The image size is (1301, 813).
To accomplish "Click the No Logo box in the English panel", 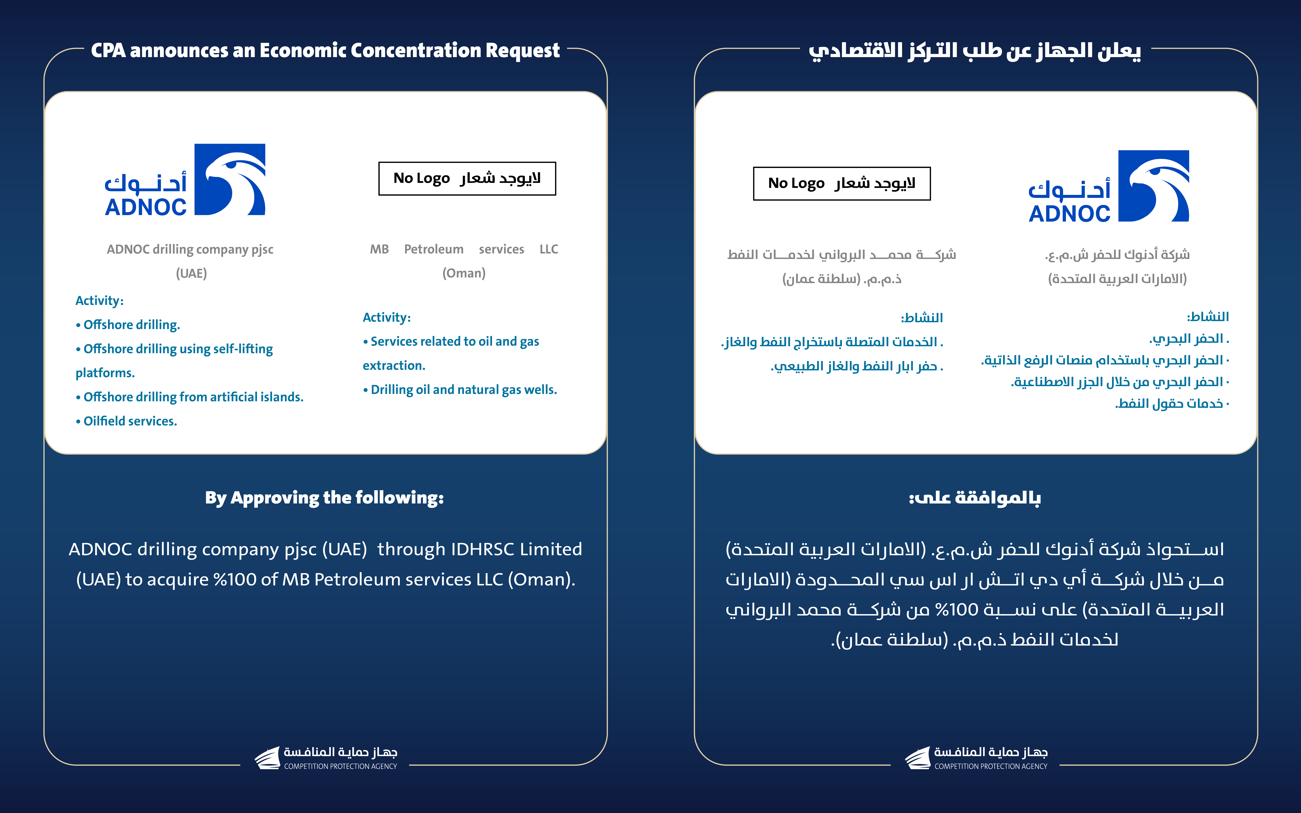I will point(467,178).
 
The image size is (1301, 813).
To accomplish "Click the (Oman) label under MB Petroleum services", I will point(464,273).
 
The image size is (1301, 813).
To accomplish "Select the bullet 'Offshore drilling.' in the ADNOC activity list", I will point(131,325).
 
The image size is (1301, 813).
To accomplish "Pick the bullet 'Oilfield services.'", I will point(130,421).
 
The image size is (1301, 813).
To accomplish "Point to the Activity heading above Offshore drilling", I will point(99,301).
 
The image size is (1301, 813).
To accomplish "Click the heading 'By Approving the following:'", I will point(324,498).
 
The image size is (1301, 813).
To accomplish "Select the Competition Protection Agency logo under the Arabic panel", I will point(976,758).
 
